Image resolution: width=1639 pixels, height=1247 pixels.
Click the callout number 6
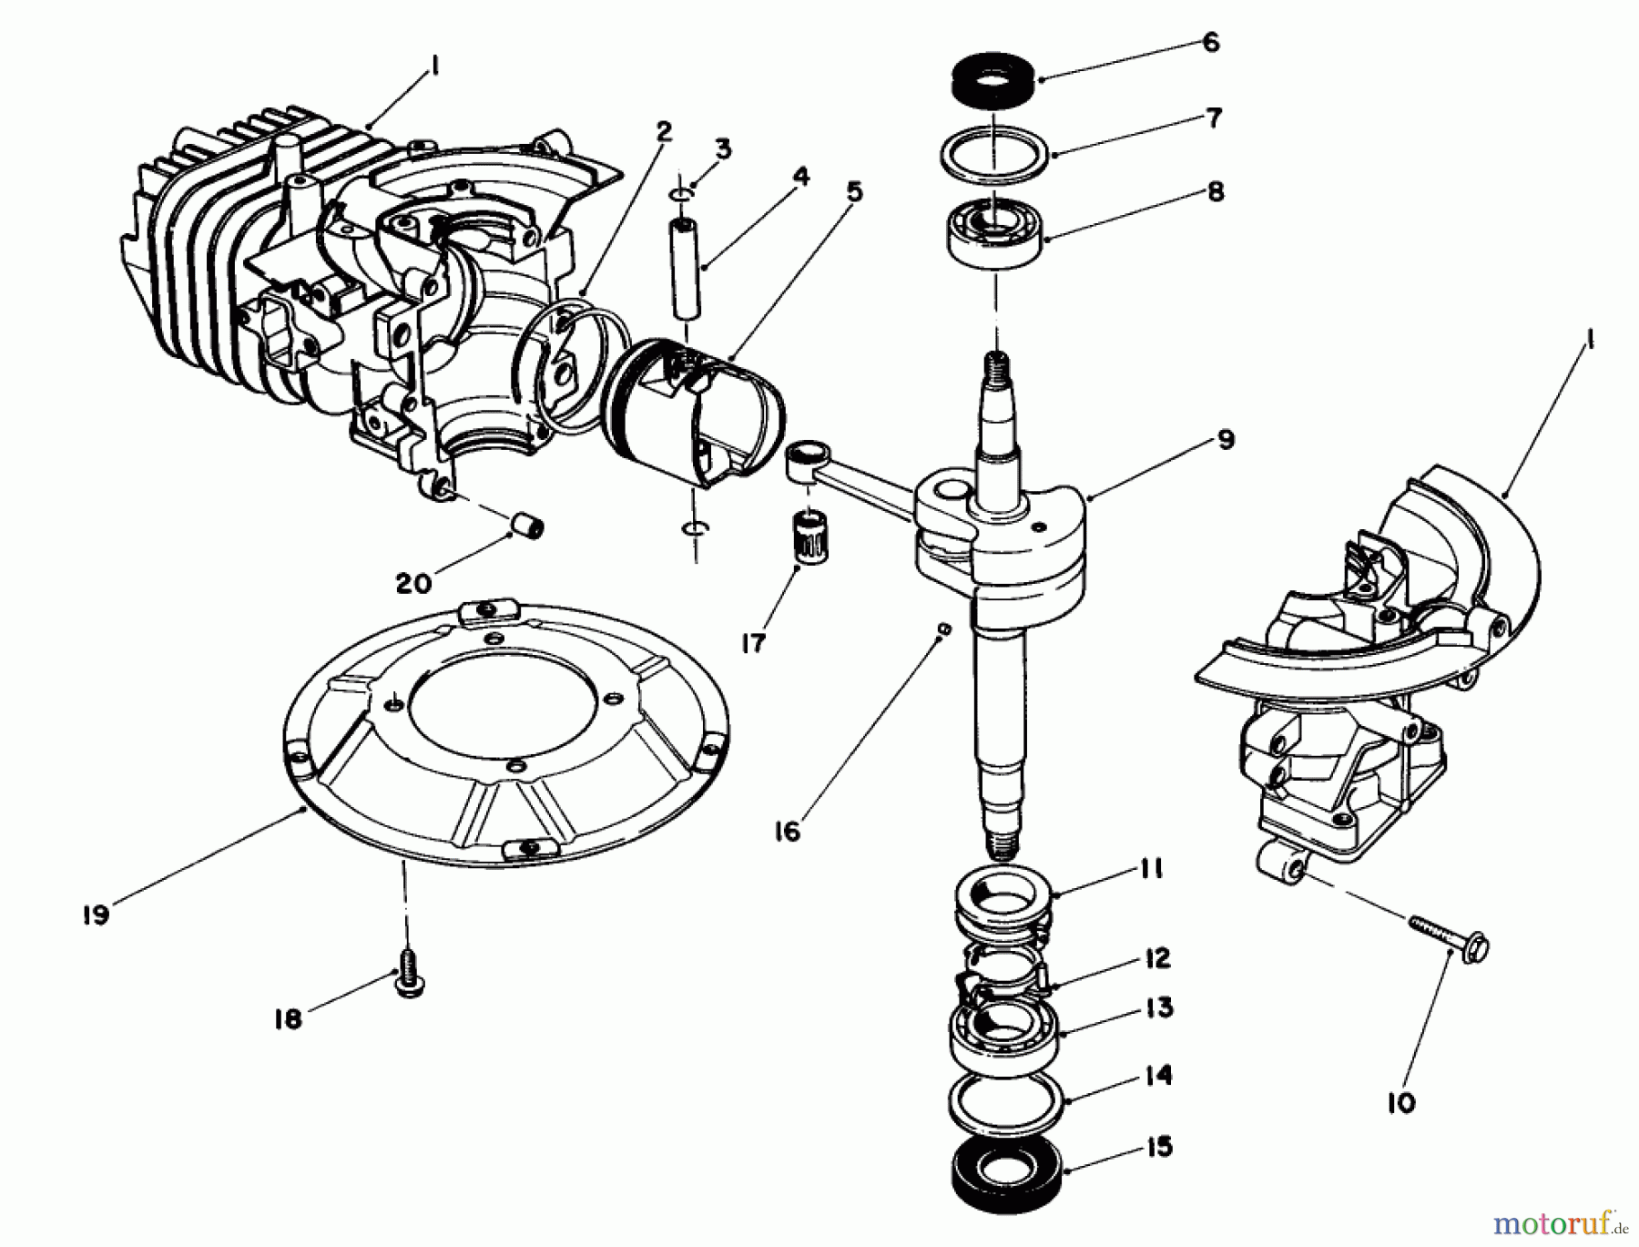[x=1210, y=43]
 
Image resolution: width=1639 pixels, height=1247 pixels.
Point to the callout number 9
[x=1226, y=440]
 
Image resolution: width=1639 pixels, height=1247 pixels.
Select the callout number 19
[x=95, y=914]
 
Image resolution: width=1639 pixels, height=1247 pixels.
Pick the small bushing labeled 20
[x=526, y=526]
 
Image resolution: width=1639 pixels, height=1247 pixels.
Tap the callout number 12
[x=1156, y=959]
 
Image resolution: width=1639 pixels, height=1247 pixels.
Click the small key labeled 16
[x=944, y=629]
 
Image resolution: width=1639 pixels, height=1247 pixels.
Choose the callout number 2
[x=663, y=132]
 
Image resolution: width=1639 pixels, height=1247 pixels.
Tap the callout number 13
[x=1158, y=1009]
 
